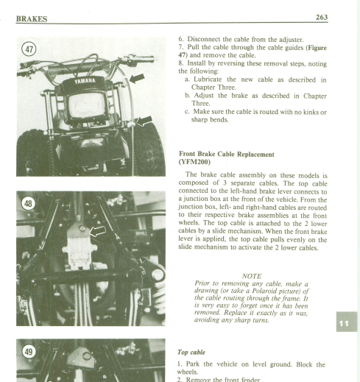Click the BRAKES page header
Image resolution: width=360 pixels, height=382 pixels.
coord(32,19)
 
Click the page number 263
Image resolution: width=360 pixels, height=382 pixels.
coord(322,17)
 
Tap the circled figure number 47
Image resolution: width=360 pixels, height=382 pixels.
coord(29,49)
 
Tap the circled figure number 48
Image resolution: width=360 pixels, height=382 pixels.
coord(28,204)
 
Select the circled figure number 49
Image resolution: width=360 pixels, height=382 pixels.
coord(29,352)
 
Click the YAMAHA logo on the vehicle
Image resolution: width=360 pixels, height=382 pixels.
coord(85,81)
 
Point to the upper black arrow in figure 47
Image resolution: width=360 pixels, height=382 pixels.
coord(137,78)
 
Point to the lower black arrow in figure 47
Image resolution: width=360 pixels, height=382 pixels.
coord(144,121)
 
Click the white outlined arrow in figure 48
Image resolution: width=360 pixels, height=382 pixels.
coord(98,231)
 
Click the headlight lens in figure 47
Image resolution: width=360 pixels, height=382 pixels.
coord(87,105)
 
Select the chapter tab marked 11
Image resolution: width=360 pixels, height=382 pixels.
coord(347,322)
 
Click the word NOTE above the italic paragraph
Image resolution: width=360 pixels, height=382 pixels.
coord(252,276)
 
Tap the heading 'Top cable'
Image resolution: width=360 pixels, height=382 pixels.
coord(191,353)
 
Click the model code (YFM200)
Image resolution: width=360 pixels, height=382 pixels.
coord(194,162)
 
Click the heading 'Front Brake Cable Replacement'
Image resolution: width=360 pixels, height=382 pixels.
coord(227,154)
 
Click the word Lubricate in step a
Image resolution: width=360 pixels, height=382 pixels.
coord(208,79)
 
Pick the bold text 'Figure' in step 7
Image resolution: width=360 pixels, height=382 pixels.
coord(317,48)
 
